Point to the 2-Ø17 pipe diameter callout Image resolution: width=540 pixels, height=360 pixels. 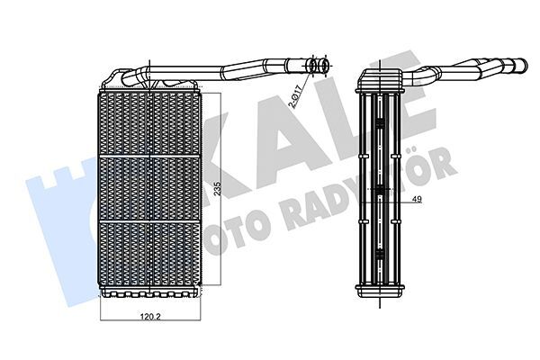[x=295, y=93]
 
